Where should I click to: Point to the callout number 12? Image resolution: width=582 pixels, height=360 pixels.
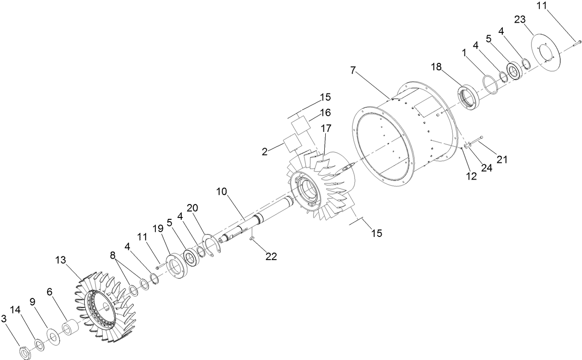tap(471, 176)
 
